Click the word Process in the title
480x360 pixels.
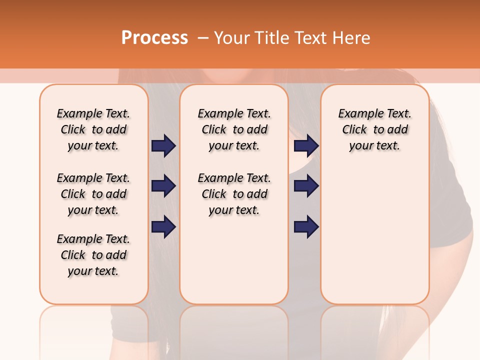tap(154, 38)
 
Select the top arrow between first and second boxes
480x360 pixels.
tap(163, 145)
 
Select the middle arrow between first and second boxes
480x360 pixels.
tap(163, 186)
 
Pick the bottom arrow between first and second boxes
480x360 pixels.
tap(163, 226)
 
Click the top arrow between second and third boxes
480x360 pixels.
tap(306, 145)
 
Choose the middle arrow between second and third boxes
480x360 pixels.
tap(306, 186)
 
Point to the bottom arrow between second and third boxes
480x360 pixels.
tap(306, 226)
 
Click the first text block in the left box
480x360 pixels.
tap(93, 129)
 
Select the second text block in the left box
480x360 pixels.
tap(93, 194)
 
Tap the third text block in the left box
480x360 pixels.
tap(93, 255)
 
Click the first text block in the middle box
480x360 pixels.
tap(234, 129)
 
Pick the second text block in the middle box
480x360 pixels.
tap(234, 194)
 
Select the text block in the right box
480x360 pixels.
tap(374, 129)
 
